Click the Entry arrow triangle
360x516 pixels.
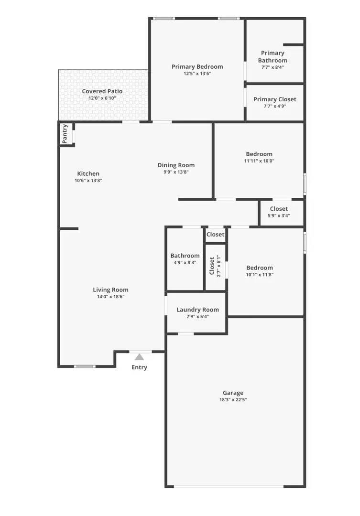click(x=139, y=356)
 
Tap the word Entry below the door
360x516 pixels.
click(x=139, y=367)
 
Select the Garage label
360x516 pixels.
click(x=233, y=393)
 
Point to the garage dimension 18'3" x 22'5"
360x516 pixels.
click(x=233, y=400)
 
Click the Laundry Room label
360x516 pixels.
click(x=197, y=310)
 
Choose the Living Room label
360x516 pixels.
click(x=110, y=290)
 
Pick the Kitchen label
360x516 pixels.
click(x=88, y=173)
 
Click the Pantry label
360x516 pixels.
click(x=65, y=134)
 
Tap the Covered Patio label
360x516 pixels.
click(x=102, y=91)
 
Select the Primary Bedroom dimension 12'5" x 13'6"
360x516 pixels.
click(x=197, y=74)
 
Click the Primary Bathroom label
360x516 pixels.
click(x=273, y=57)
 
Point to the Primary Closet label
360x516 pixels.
click(x=274, y=99)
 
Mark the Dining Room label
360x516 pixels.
click(x=176, y=165)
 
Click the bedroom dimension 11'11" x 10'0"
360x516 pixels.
click(x=259, y=161)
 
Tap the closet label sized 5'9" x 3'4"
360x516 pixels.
click(x=279, y=209)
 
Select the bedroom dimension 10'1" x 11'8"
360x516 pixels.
click(x=259, y=275)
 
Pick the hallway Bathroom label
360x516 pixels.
click(x=185, y=256)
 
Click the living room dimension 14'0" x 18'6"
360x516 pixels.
click(x=110, y=297)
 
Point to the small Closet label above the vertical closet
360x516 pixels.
click(x=215, y=235)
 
